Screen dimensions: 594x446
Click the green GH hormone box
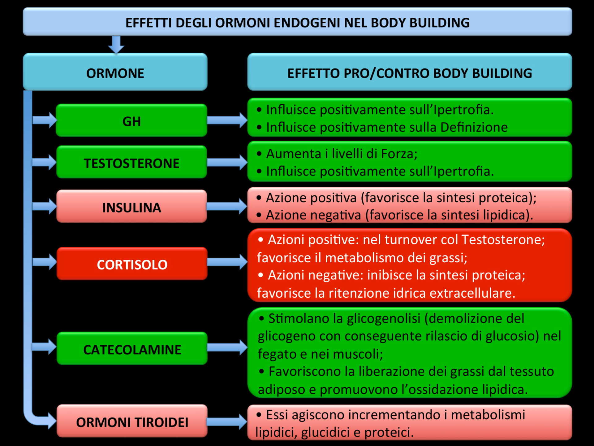coord(131,120)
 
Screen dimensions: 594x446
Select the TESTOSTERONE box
coord(131,162)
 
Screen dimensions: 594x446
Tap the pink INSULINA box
coord(131,206)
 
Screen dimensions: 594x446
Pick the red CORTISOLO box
coord(132,264)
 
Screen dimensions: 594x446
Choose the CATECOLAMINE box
coord(132,348)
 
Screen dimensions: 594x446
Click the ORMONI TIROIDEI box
coord(132,421)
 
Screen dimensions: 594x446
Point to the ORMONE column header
coord(115,72)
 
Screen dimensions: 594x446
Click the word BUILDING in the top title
coord(439,23)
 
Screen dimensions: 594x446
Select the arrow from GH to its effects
coord(227,120)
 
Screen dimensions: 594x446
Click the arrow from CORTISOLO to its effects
coord(227,262)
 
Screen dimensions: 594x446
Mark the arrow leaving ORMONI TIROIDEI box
coord(227,421)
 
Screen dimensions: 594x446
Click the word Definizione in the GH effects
coord(474,127)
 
